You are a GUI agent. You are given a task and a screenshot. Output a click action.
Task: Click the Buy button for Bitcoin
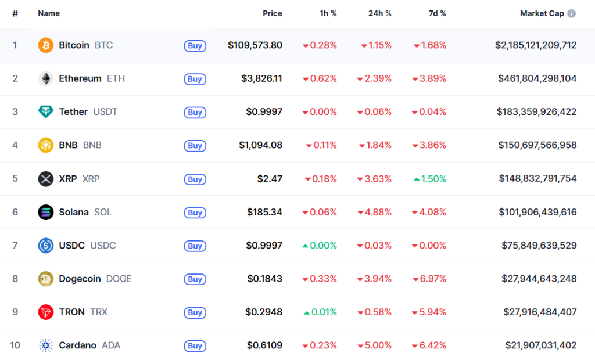[x=195, y=46]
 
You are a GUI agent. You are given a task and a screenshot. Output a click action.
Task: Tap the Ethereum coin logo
[x=46, y=79]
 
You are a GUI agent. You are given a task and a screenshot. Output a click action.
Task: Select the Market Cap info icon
[x=572, y=13]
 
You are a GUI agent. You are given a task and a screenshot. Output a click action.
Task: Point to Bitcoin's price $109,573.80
[x=255, y=45]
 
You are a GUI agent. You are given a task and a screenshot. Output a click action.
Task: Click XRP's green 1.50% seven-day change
[x=430, y=179]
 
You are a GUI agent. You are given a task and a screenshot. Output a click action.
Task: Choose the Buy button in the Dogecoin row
[x=195, y=279]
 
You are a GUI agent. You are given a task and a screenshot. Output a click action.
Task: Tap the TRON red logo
[x=46, y=312]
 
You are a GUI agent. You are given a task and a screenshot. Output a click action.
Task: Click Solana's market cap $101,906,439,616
[x=537, y=213]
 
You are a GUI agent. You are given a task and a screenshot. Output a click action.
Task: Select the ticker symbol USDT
[x=105, y=112]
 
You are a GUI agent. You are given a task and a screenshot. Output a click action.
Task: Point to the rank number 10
[x=15, y=346]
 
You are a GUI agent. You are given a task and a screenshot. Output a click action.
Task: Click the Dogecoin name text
[x=80, y=279]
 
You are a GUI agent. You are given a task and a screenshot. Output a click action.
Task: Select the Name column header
[x=49, y=13]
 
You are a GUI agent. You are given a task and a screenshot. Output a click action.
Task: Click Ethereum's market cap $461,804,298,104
[x=537, y=79]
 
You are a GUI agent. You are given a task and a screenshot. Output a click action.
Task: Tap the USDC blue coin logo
[x=46, y=246]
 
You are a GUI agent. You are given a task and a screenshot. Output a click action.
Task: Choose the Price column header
[x=272, y=13]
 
